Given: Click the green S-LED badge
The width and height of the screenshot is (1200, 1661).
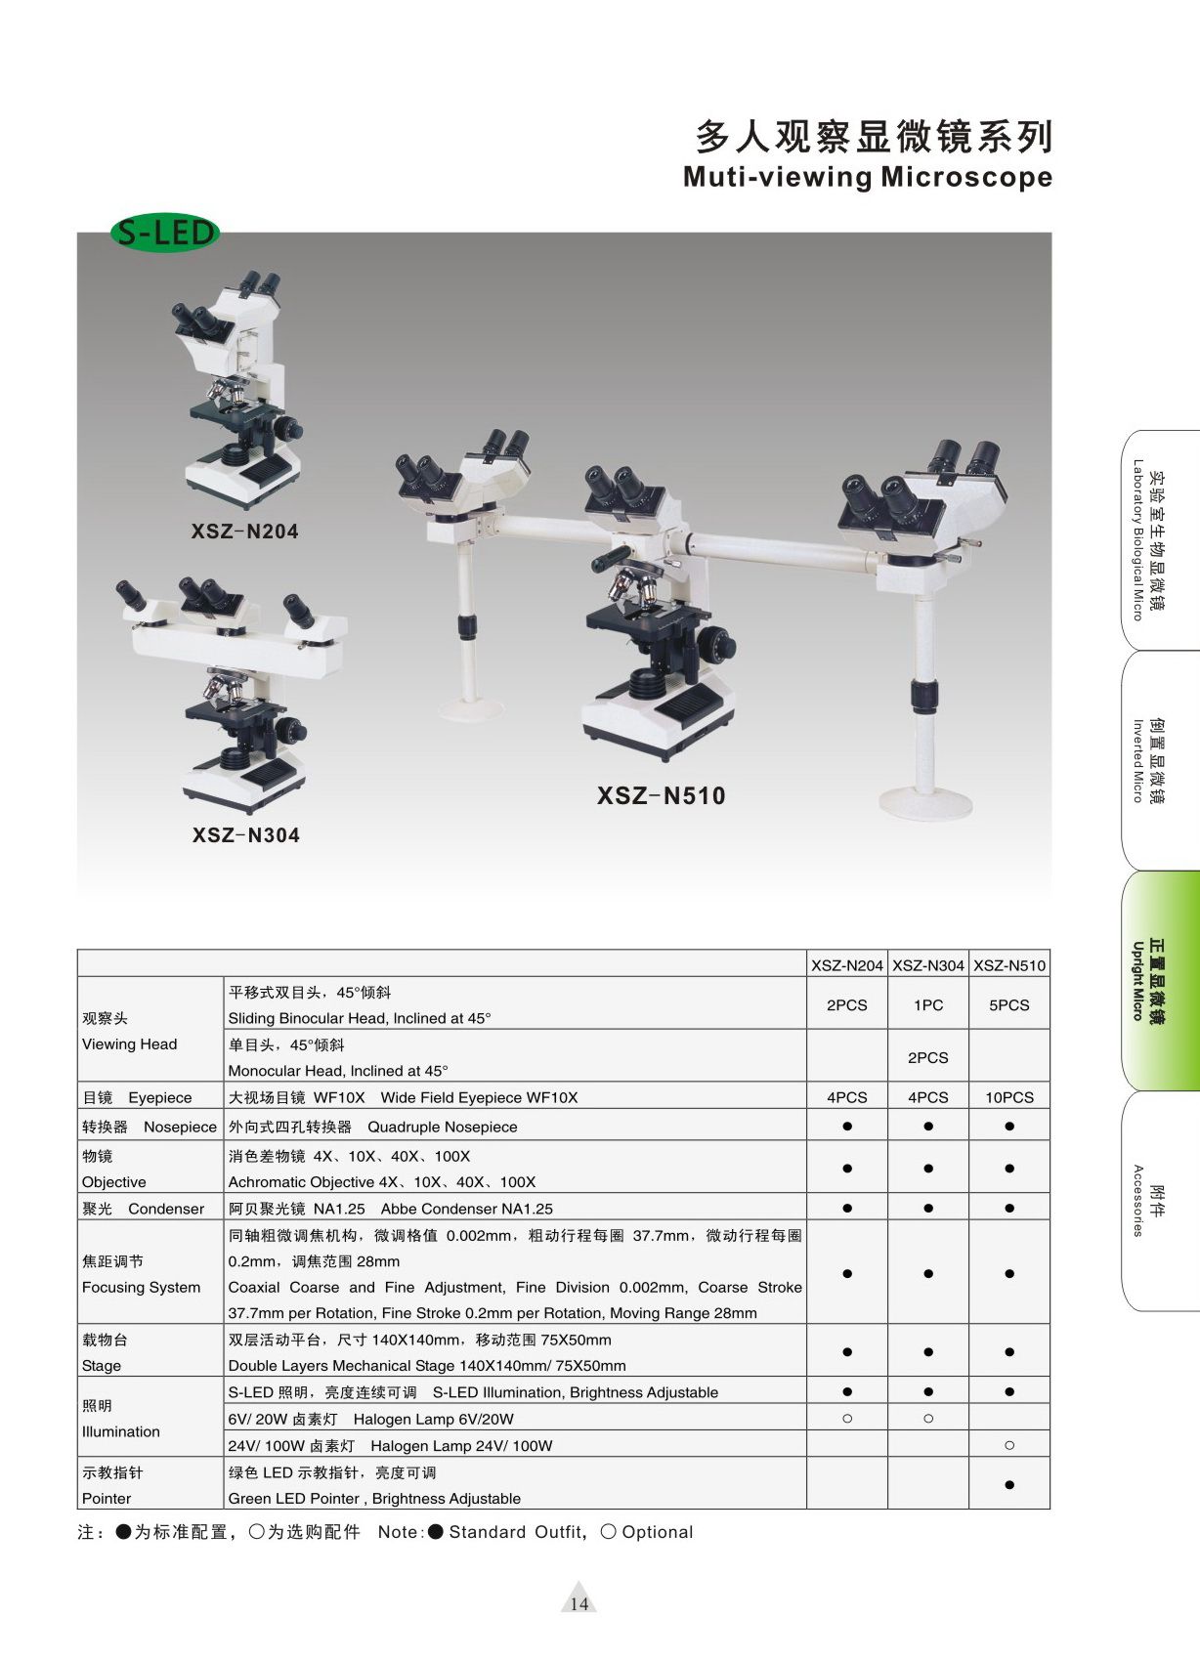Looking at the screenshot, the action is point(164,233).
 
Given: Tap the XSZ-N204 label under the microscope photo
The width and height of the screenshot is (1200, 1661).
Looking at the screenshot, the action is point(244,531).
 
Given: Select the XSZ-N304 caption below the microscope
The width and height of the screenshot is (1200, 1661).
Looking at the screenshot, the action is point(246,835).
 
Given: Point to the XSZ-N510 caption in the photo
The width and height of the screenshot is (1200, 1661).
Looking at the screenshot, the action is point(662,795).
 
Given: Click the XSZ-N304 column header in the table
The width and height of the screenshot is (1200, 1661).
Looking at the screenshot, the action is point(927,965).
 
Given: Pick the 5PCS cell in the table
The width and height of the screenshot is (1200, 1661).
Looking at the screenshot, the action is point(1009,1005).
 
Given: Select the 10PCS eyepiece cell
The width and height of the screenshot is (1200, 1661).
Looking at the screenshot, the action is point(1009,1097).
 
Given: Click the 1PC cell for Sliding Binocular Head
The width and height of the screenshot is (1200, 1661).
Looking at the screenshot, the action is point(927,1005).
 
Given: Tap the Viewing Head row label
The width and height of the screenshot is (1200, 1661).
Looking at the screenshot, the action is point(130,1044).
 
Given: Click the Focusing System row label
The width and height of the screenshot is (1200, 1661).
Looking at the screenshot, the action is point(141,1288).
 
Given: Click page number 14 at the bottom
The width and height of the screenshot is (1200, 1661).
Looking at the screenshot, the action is point(579,1604).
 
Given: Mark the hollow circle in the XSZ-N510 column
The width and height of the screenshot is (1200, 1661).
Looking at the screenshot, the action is point(1009,1445).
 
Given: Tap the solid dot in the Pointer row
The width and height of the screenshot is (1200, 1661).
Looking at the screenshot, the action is point(1009,1484).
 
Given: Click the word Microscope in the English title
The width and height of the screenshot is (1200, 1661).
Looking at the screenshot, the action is point(967,177).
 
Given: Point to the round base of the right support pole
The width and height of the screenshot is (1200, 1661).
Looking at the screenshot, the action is point(925,801).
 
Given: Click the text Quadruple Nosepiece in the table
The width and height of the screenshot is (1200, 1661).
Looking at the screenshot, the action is point(443,1128).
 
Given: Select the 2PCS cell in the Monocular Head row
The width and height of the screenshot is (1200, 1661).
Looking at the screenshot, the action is point(927,1058).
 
